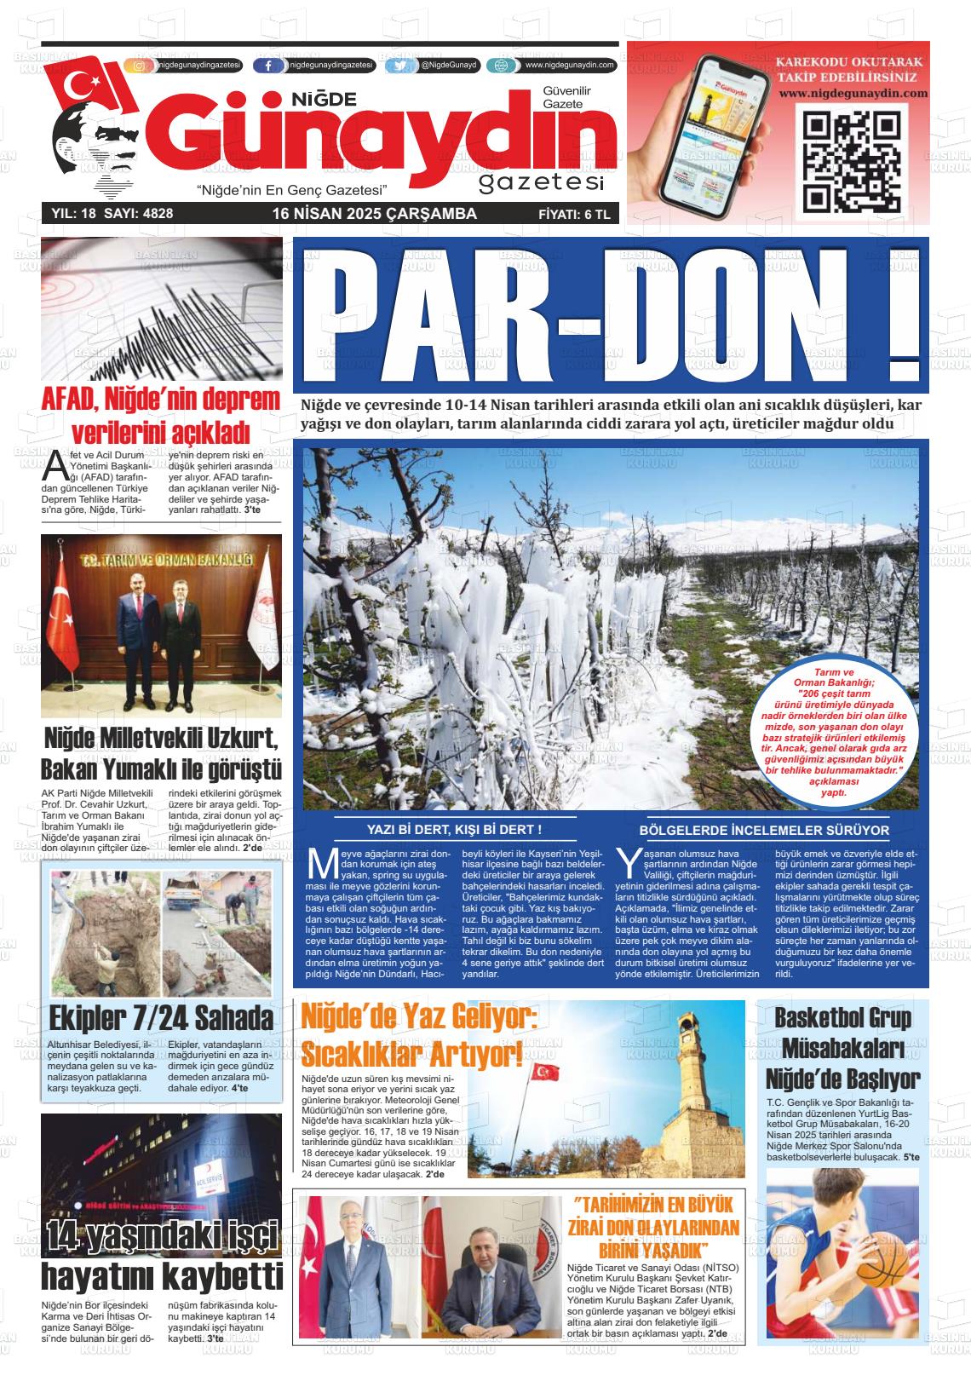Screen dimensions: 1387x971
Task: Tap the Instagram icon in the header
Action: pos(139,66)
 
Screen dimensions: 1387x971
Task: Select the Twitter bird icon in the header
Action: pos(399,66)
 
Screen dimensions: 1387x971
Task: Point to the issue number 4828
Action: pos(156,214)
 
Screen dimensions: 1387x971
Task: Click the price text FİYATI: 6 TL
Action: pos(574,214)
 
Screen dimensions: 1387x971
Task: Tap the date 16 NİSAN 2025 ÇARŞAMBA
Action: pos(374,214)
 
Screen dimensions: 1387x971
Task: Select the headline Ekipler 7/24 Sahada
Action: pos(161,1018)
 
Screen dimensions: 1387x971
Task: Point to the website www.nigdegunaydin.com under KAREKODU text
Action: pos(852,93)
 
